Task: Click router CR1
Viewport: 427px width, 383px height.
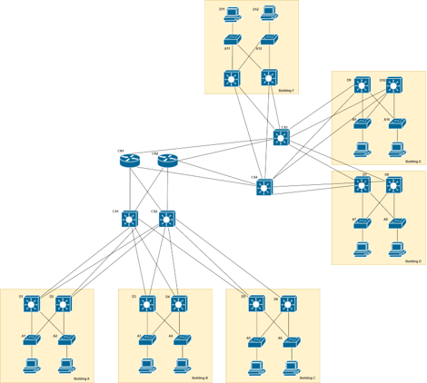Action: tap(130, 162)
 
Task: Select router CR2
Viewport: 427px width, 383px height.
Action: tap(167, 162)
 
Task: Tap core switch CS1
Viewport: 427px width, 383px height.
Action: tap(130, 219)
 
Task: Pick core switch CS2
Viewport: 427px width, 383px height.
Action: tap(167, 219)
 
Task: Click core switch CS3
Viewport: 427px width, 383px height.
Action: tap(282, 138)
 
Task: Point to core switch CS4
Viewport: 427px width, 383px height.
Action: tap(264, 188)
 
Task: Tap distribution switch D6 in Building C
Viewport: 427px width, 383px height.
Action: tap(288, 304)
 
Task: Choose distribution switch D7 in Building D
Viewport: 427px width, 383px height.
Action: tap(362, 185)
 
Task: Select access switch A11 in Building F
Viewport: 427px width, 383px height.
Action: tap(233, 41)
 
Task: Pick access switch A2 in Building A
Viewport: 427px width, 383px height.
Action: tap(66, 340)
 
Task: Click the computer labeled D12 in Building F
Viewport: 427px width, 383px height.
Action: tap(269, 14)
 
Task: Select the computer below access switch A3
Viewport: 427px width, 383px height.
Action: tap(146, 366)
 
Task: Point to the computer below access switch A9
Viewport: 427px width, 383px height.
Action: tap(362, 147)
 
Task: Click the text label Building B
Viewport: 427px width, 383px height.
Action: tap(200, 378)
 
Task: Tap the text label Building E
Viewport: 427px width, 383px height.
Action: tap(413, 161)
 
